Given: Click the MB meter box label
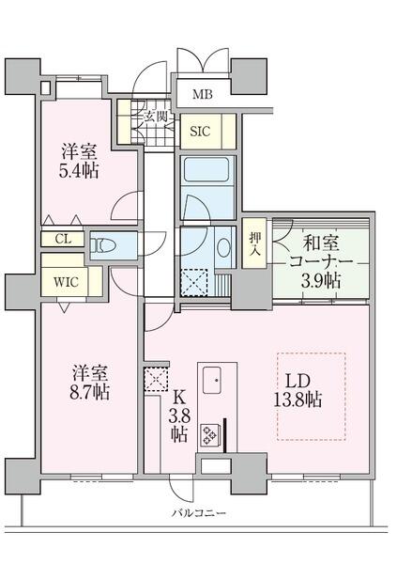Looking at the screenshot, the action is (x=203, y=94).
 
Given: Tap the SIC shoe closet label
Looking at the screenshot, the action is (x=200, y=132).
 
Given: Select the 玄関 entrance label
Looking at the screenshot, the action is (x=156, y=117).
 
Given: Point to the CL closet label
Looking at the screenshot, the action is (x=63, y=239).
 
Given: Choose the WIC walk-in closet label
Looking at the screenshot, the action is (x=66, y=282).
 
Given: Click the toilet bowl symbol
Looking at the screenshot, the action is (x=102, y=246).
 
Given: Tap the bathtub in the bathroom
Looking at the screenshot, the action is (x=207, y=170).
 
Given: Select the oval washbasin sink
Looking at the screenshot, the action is (x=224, y=247).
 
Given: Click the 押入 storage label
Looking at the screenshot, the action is (x=254, y=243).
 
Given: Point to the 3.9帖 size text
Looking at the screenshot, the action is (x=320, y=280).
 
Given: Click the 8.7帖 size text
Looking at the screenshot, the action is (x=89, y=391).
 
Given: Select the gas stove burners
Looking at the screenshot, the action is (x=208, y=435).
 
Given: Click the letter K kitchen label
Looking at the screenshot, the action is (x=179, y=398).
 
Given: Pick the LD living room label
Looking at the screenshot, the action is (x=298, y=382).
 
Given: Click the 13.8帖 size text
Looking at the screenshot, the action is (x=298, y=399).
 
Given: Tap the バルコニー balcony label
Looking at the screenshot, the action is (x=198, y=513).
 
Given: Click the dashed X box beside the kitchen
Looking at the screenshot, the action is (x=156, y=379).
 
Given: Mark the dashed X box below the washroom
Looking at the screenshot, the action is (x=194, y=283).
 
